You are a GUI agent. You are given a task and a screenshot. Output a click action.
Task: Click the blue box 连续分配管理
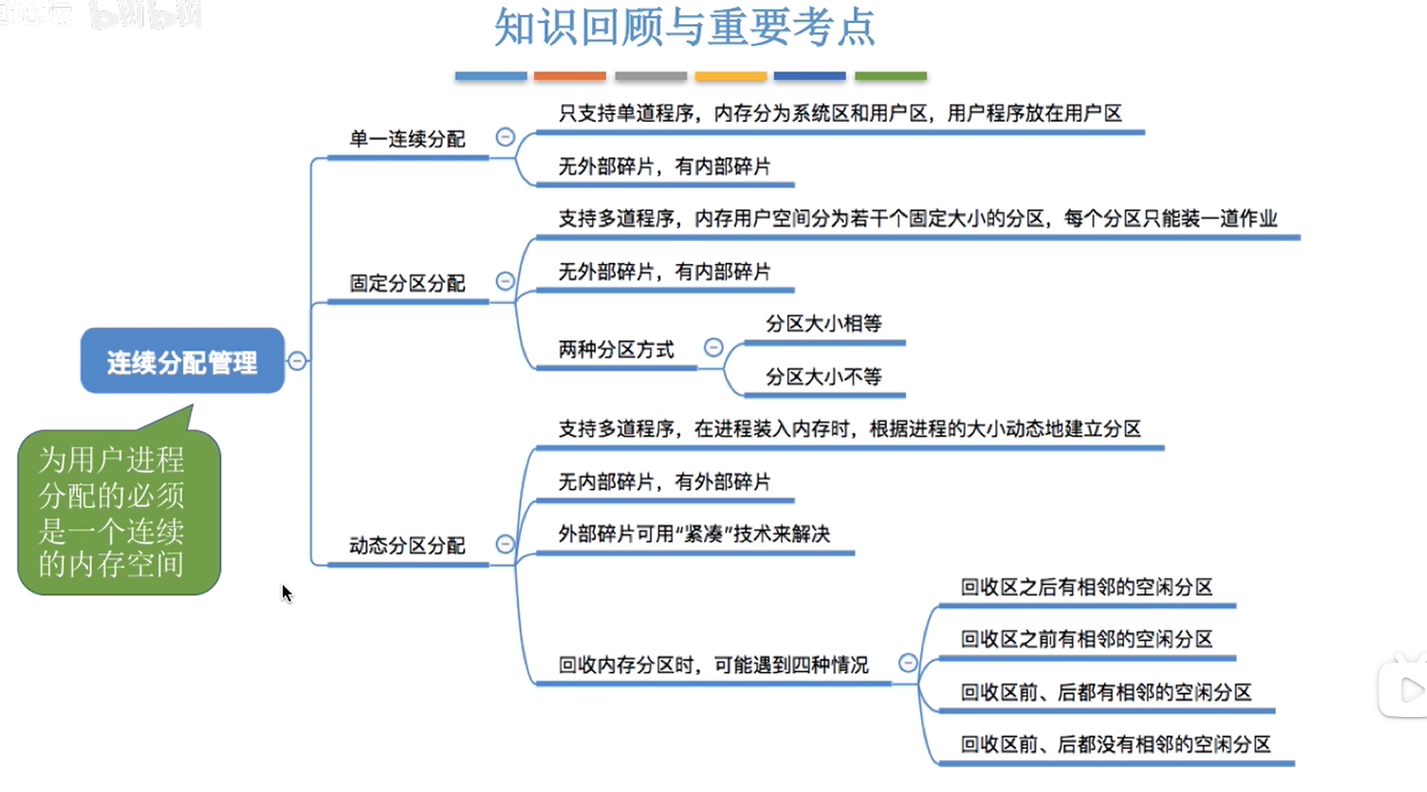pos(182,361)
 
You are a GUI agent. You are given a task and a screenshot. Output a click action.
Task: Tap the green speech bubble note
pos(118,511)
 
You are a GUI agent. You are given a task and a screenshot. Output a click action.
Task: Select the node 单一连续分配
pos(407,139)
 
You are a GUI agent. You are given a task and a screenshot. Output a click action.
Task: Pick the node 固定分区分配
pos(407,284)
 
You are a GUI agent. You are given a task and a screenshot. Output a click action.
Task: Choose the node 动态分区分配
pos(407,546)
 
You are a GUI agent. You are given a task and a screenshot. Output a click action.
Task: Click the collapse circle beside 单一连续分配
pos(505,137)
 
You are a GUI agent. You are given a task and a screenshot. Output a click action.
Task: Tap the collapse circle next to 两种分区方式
pos(714,348)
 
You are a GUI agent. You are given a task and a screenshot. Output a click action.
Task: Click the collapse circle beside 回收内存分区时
pos(908,663)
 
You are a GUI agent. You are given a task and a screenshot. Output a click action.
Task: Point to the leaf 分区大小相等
pos(824,324)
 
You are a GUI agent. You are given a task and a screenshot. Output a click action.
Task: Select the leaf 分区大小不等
pos(824,377)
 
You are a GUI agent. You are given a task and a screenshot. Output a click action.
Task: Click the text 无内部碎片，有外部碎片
pos(664,482)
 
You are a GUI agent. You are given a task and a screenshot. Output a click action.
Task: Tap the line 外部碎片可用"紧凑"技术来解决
pos(694,534)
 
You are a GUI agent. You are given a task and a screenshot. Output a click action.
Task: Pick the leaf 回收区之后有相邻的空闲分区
pos(1087,588)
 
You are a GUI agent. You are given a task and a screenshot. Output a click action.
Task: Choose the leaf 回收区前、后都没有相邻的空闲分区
pos(1115,745)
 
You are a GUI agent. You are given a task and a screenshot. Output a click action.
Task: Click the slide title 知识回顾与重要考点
pos(684,27)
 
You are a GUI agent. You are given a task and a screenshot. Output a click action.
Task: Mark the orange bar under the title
pos(570,76)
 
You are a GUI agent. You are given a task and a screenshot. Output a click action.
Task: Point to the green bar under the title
pos(890,76)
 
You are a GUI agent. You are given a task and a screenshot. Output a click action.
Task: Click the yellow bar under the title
pos(730,76)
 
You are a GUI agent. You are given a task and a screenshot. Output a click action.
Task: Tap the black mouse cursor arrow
pos(286,593)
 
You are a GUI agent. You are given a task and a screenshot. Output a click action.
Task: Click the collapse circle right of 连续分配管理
pos(297,361)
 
